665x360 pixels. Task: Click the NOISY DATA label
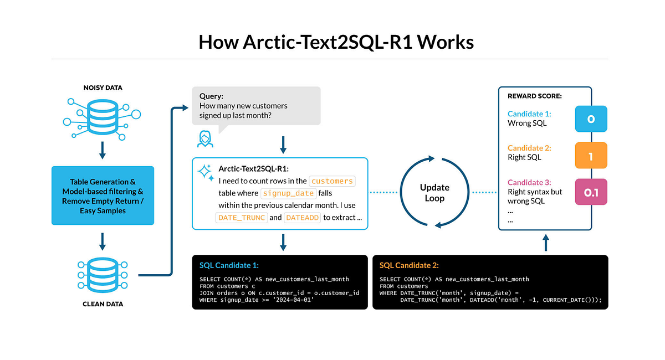103,88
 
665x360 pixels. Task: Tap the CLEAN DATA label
103,304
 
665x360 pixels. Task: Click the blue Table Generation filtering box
103,196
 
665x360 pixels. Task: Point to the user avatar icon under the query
204,138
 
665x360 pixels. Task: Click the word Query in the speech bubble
211,96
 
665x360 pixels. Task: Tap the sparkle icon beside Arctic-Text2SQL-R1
206,172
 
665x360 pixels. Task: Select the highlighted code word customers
331,181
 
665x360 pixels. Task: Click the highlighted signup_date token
288,193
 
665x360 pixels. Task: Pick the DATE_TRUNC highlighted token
242,218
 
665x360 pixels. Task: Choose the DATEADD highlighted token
302,218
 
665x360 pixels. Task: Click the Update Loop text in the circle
434,193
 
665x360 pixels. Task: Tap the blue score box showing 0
591,119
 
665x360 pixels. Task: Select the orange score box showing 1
591,157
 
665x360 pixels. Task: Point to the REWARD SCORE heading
535,96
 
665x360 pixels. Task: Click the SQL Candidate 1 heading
229,265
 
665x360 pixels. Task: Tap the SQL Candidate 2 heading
410,265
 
